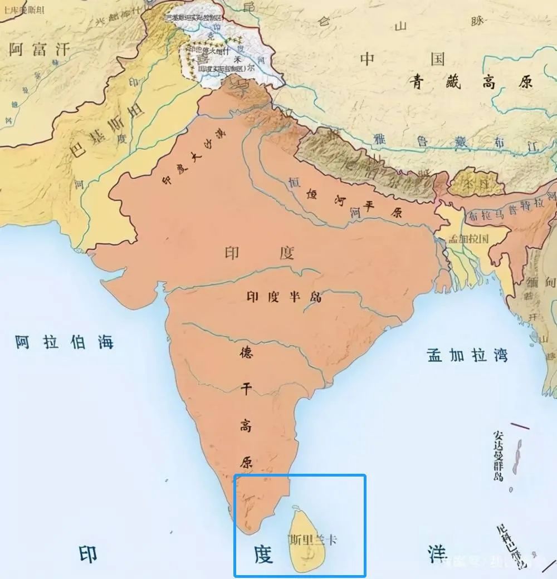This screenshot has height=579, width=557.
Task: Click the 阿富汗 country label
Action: point(40,50)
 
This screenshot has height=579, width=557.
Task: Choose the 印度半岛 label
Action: point(284,296)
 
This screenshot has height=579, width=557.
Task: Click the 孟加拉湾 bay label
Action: point(467,355)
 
